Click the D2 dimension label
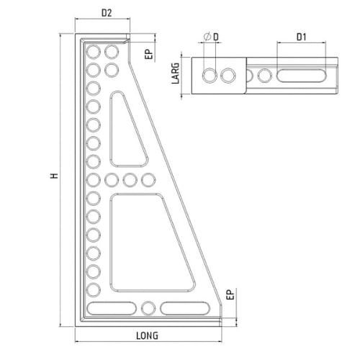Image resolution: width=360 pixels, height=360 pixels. click(x=107, y=13)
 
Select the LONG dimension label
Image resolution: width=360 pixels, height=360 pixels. click(x=147, y=336)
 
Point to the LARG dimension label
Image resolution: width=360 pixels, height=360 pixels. click(x=176, y=73)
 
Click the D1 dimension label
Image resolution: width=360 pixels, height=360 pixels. click(x=302, y=37)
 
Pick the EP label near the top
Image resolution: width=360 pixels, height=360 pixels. click(x=148, y=54)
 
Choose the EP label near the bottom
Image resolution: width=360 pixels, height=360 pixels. click(x=230, y=294)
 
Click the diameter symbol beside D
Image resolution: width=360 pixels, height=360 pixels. click(x=207, y=37)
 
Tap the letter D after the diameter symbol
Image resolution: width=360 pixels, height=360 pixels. click(x=216, y=37)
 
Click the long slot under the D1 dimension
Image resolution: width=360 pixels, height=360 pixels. click(x=302, y=76)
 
